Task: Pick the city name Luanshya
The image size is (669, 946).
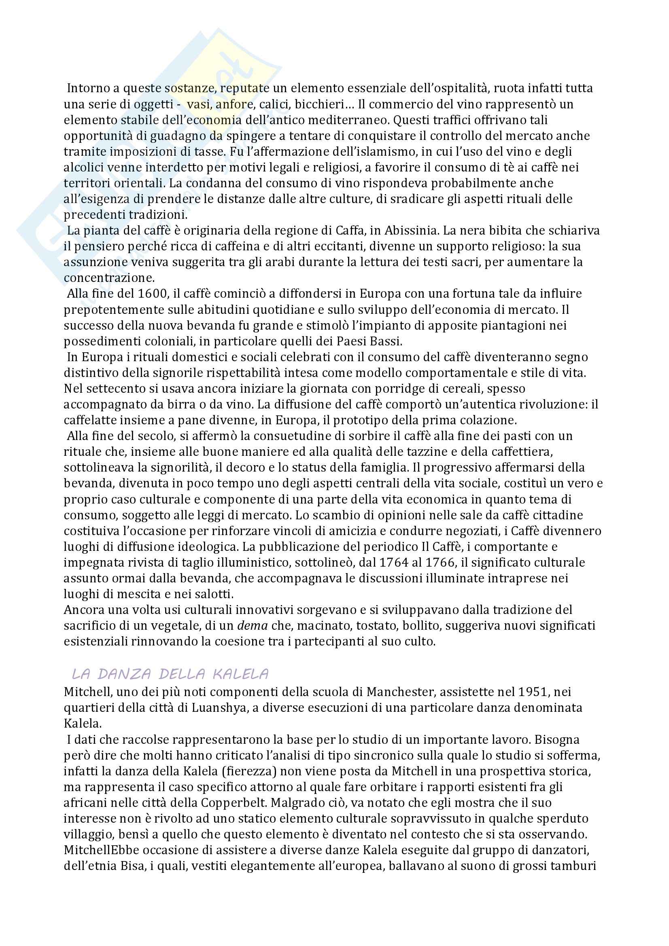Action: point(211,708)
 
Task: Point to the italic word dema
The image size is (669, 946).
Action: point(252,626)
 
